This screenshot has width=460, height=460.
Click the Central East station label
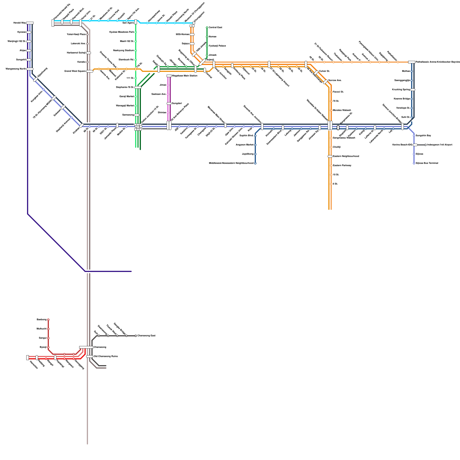(215, 27)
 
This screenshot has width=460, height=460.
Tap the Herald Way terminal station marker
(30, 23)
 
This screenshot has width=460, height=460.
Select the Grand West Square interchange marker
(90, 71)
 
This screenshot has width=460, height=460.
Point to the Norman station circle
(207, 37)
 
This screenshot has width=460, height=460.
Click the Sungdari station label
(177, 103)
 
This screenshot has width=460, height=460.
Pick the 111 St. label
(130, 78)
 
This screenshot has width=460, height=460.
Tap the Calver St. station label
(324, 71)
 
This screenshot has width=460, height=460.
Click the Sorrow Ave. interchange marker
(325, 82)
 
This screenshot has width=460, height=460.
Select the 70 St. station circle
(331, 101)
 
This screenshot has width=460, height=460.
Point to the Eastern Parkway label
(342, 165)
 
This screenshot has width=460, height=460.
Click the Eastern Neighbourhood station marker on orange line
(330, 156)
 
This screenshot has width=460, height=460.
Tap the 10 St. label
(336, 175)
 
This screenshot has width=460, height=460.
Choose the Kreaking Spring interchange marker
(413, 90)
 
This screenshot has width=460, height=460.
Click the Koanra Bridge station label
(402, 99)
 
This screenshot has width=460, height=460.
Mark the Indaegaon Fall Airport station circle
(425, 145)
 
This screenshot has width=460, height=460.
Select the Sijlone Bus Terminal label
(427, 163)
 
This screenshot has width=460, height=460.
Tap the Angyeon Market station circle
(255, 145)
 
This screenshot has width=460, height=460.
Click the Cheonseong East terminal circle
(136, 336)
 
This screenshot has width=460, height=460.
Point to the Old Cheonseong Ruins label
(106, 356)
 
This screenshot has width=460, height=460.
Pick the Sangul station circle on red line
(48, 338)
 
